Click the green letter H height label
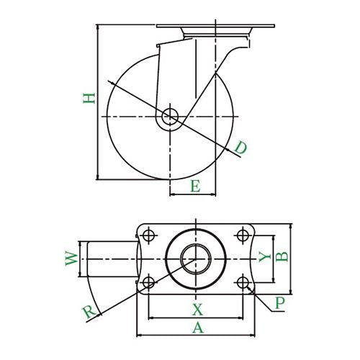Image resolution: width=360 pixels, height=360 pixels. click(x=89, y=98)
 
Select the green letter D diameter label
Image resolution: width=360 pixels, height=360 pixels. click(x=240, y=148)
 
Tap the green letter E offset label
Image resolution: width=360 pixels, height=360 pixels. click(x=195, y=186)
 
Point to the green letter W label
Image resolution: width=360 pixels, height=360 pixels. click(x=71, y=258)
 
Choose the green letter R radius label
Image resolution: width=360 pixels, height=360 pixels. click(x=89, y=312)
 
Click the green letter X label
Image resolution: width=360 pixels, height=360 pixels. click(x=197, y=310)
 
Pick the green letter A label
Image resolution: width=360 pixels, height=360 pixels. click(x=198, y=328)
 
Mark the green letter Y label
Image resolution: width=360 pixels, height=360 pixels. click(x=265, y=256)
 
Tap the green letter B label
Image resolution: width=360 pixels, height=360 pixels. click(x=282, y=257)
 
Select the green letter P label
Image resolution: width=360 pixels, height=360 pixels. click(x=280, y=303)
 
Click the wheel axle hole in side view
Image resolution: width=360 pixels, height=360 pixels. click(x=170, y=117)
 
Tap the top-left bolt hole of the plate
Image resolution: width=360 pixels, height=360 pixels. click(x=148, y=235)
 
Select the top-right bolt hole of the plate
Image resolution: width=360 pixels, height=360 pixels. click(x=243, y=235)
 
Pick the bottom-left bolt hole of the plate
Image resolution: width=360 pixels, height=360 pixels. click(x=148, y=282)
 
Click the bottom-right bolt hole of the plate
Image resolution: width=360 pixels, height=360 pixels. click(x=243, y=282)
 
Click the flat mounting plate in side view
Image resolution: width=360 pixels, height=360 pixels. click(x=215, y=26)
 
